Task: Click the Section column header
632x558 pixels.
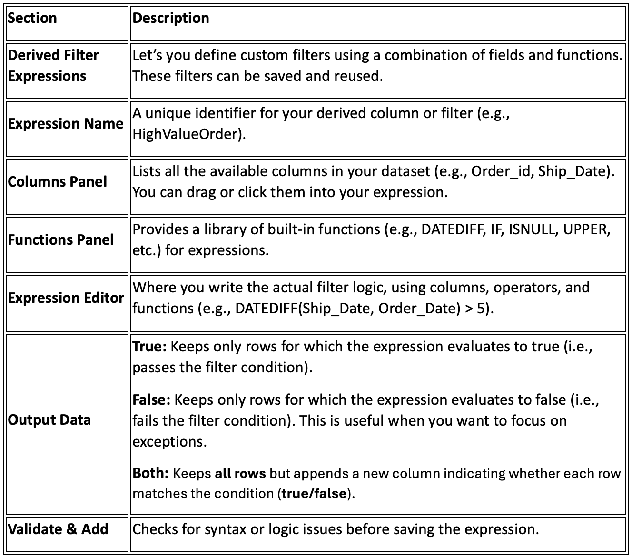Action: [32, 19]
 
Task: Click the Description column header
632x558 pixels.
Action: [171, 19]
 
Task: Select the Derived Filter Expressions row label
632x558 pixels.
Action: [53, 66]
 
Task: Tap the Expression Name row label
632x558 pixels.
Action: [66, 124]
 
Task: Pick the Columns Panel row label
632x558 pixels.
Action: [57, 182]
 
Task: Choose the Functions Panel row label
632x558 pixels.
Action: [61, 239]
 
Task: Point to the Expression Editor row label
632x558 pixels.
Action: [66, 298]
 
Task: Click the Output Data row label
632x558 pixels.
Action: [49, 420]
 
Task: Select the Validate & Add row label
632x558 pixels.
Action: [58, 529]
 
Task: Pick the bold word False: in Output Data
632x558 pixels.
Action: [151, 399]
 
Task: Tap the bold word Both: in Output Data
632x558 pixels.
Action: [150, 474]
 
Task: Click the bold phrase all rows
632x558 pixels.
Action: [240, 474]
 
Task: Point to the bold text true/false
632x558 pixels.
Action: [314, 494]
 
